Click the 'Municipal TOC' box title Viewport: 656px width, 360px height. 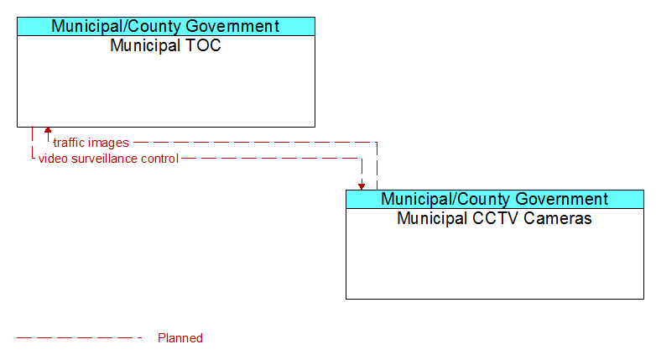pyautogui.click(x=165, y=45)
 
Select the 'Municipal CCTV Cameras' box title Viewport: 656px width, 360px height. pyautogui.click(x=494, y=218)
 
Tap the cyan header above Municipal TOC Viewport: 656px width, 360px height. pyautogui.click(x=166, y=26)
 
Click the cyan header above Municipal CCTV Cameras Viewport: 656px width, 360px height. pyautogui.click(x=495, y=199)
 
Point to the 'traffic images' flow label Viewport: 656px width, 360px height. pyautogui.click(x=91, y=143)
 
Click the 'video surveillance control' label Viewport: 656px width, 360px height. pyautogui.click(x=108, y=159)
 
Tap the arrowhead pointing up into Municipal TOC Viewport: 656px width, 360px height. pyautogui.click(x=48, y=130)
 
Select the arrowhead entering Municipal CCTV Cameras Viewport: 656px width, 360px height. pyautogui.click(x=362, y=186)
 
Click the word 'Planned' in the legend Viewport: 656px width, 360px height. pyautogui.click(x=180, y=338)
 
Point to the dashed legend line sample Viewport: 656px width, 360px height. pyautogui.click(x=80, y=338)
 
